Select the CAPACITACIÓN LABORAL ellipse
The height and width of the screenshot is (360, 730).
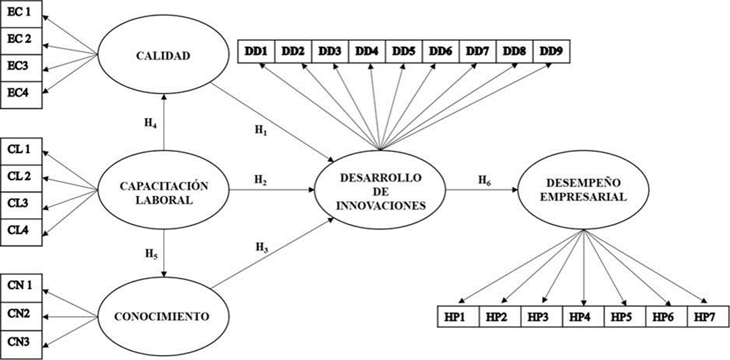click(x=163, y=191)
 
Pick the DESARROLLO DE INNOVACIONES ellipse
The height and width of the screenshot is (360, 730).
click(x=382, y=191)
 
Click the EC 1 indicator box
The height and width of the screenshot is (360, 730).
click(x=20, y=14)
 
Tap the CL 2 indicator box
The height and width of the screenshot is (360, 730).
click(x=20, y=176)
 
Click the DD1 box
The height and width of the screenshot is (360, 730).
click(x=256, y=52)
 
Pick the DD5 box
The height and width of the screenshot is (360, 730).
click(x=404, y=52)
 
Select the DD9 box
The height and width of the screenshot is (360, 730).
click(x=552, y=52)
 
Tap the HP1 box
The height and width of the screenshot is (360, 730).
click(x=459, y=316)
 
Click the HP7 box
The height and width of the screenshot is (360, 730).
click(x=706, y=316)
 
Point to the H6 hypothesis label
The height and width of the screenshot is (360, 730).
click(x=484, y=180)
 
